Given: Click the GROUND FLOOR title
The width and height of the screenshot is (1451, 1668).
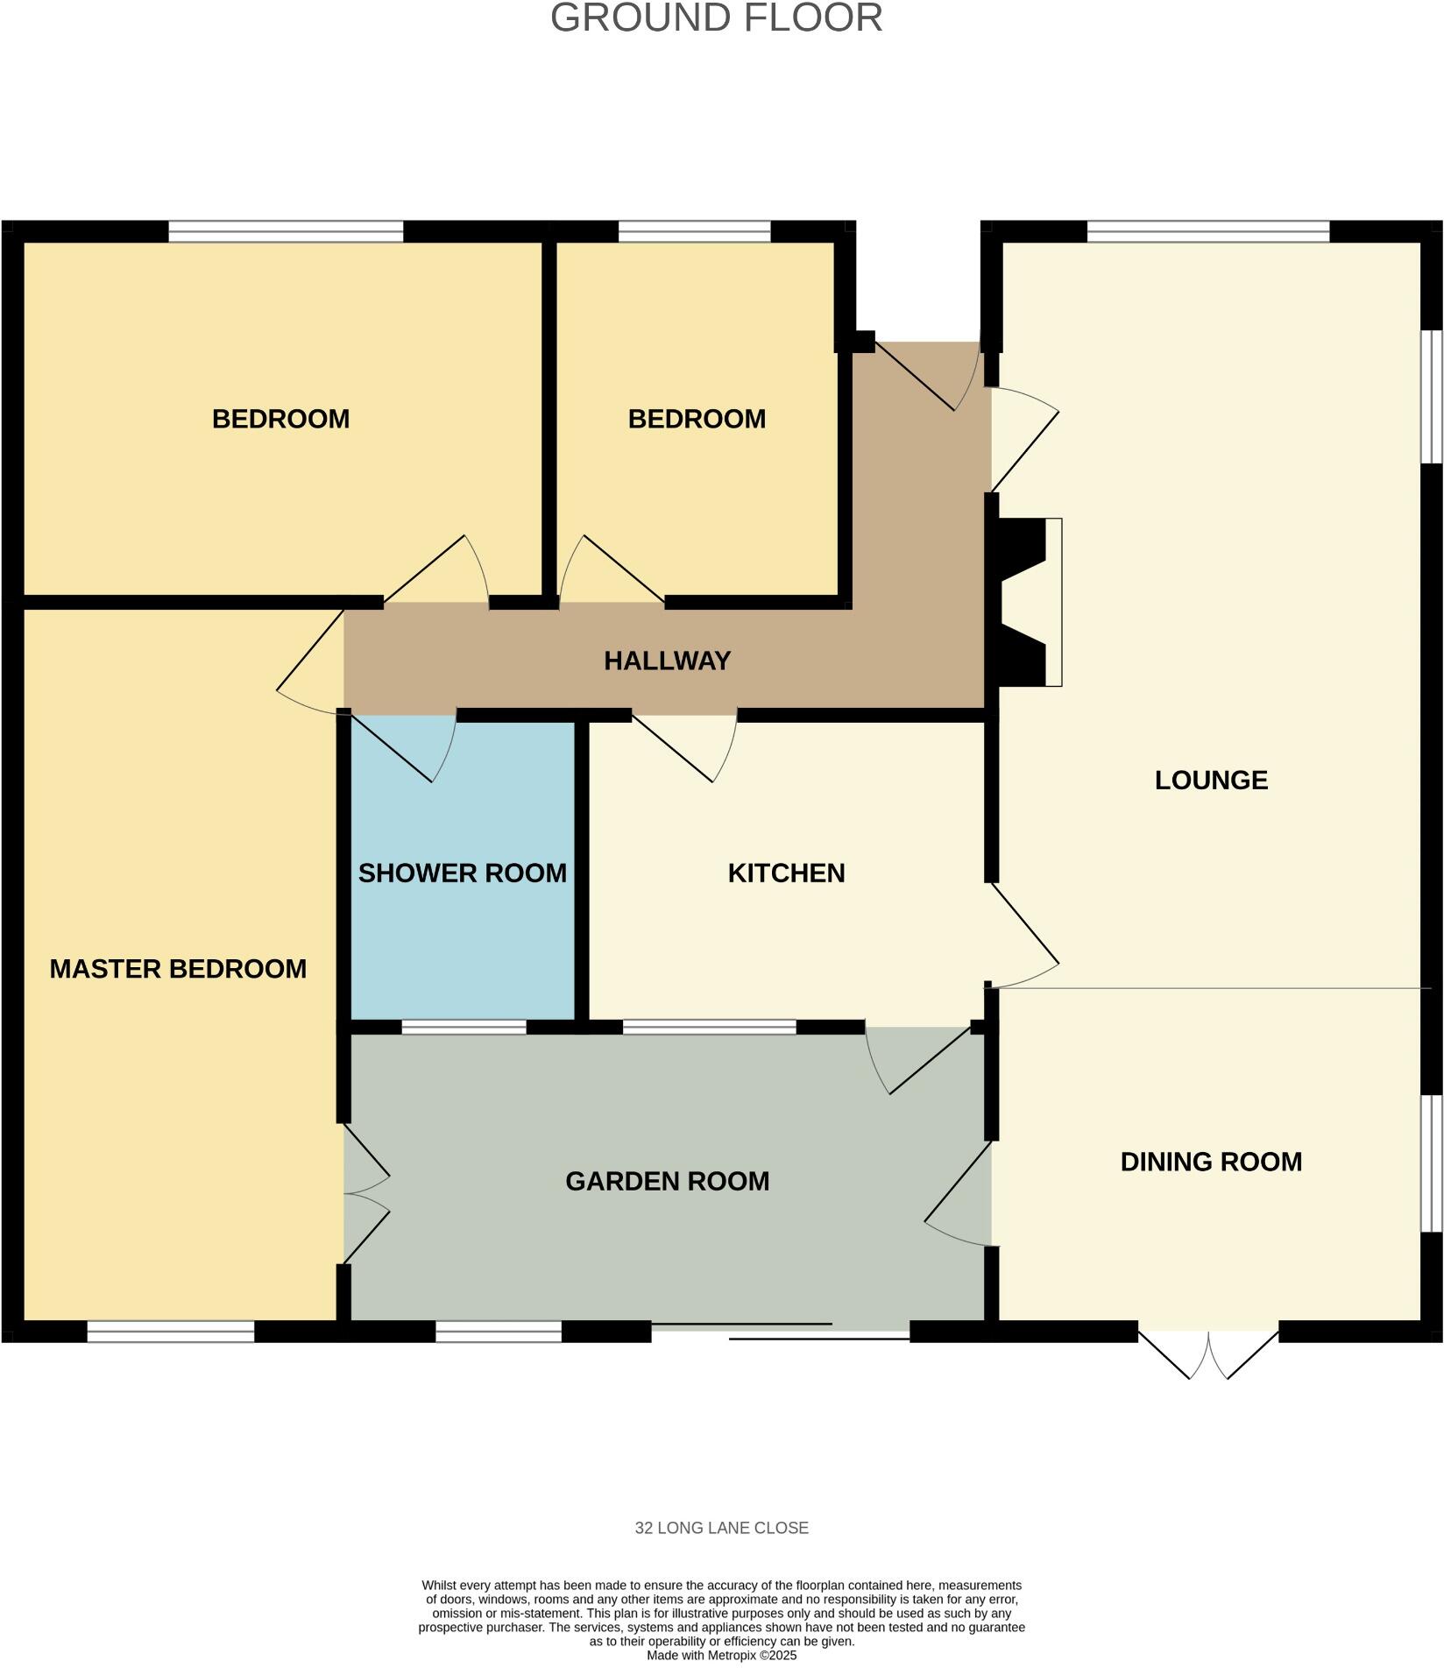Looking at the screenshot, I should [x=716, y=18].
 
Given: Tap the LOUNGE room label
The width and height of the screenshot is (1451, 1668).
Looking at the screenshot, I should [x=1210, y=781].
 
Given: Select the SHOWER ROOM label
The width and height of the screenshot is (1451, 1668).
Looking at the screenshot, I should [x=462, y=873].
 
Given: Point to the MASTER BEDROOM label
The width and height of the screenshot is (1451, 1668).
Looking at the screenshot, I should [x=178, y=969].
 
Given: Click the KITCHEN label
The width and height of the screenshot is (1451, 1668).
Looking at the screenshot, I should [x=786, y=873].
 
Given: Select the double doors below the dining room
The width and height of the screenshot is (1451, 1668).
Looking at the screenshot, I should [x=1207, y=1354].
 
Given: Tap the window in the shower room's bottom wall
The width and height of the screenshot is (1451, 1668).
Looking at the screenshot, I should [x=464, y=1028].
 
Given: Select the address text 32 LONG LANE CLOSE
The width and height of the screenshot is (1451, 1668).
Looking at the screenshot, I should [x=721, y=1528].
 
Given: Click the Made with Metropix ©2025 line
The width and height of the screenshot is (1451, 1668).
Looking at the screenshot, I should [x=721, y=1655].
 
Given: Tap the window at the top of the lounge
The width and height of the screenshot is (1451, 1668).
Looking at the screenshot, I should [x=1207, y=232].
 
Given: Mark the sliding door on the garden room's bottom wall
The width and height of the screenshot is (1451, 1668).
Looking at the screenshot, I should [x=780, y=1331].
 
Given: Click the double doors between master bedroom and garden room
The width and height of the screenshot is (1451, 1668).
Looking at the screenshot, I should [x=364, y=1193].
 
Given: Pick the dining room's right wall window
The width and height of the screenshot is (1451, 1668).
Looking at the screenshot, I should [x=1430, y=1163].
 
